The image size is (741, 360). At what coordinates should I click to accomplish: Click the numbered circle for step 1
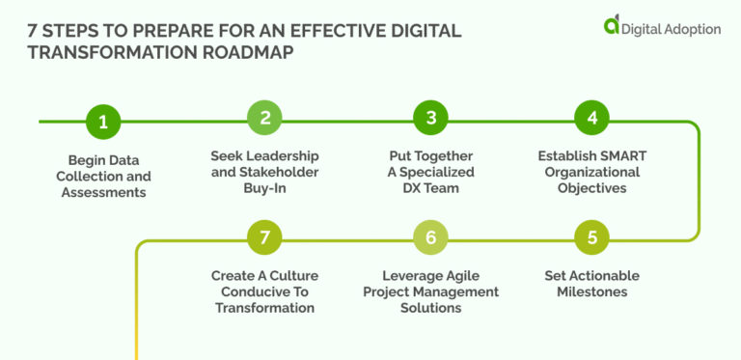[103, 123]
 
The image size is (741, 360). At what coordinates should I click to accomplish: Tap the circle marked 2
[264, 119]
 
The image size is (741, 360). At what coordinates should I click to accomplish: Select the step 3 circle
[430, 119]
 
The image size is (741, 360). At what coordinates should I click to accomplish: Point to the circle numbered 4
[591, 119]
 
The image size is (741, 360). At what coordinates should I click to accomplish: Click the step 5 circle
[591, 236]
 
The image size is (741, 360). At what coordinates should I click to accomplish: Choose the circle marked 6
[430, 236]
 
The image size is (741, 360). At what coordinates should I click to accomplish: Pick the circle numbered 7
[264, 236]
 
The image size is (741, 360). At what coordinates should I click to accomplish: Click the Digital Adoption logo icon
[612, 26]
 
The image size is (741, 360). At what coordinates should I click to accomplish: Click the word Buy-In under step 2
[264, 187]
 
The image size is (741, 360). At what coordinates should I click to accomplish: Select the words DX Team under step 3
[430, 187]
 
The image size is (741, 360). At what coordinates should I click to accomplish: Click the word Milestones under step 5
[591, 291]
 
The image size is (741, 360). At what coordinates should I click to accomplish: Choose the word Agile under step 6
[473, 276]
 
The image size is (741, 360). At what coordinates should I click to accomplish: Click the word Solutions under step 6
[430, 308]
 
